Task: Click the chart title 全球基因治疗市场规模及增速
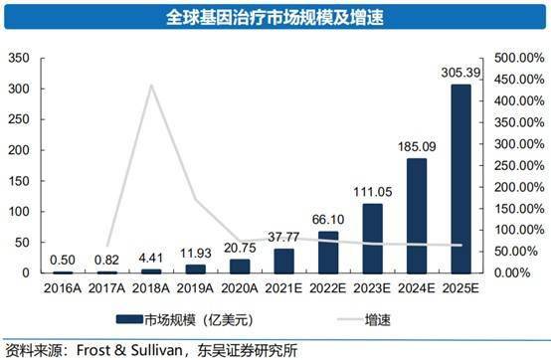pyautogui.click(x=276, y=18)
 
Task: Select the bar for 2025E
pyautogui.click(x=459, y=179)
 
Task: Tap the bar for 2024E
pyautogui.click(x=415, y=216)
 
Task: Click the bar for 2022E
pyautogui.click(x=327, y=253)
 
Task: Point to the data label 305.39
pyautogui.click(x=459, y=74)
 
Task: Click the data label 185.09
pyautogui.click(x=415, y=147)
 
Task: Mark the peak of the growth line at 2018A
pyautogui.click(x=151, y=86)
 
